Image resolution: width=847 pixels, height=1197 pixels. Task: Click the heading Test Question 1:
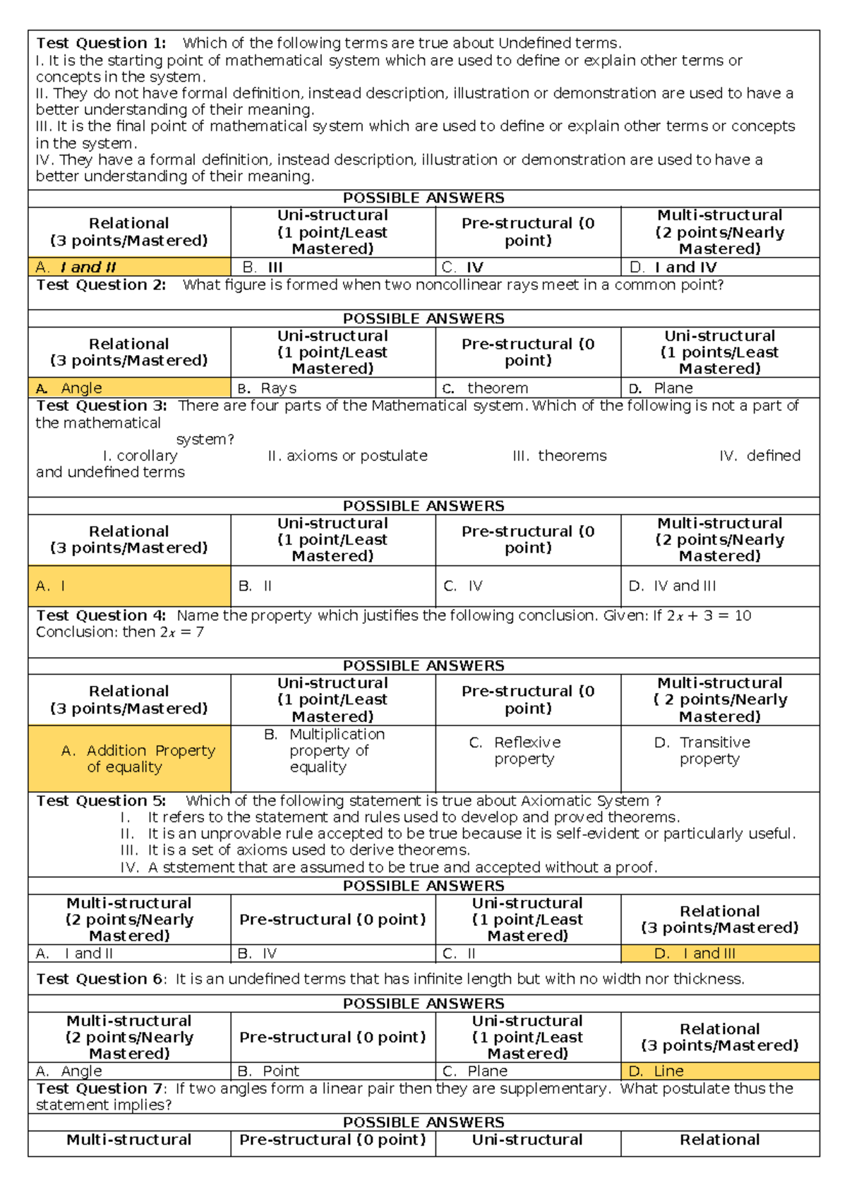(x=101, y=43)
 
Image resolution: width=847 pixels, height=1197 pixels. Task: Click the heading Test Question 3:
(x=101, y=406)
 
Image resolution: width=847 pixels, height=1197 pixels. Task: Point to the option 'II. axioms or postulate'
(x=347, y=456)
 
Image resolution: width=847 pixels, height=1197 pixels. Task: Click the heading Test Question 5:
(x=101, y=801)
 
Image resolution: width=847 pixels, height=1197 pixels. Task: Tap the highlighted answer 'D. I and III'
(x=695, y=954)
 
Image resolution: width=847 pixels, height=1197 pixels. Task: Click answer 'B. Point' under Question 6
(x=269, y=1071)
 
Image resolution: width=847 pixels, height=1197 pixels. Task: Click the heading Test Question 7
(x=101, y=1089)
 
